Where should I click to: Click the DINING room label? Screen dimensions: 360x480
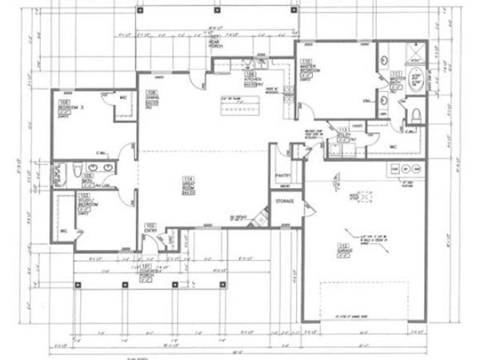click(151, 96)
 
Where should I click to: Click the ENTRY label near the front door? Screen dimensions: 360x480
click(150, 228)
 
